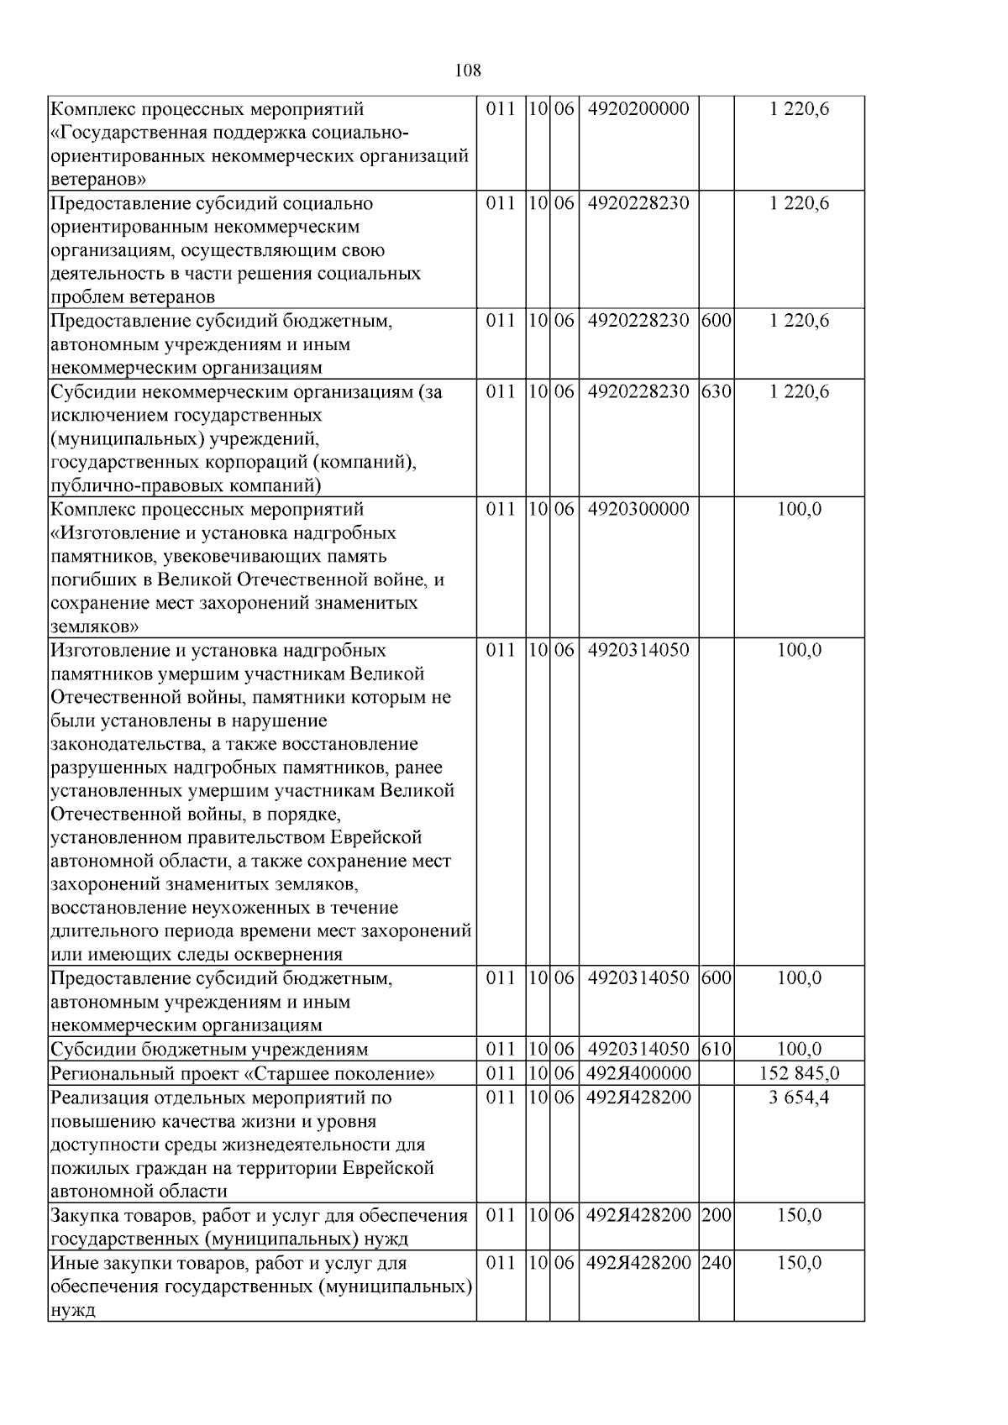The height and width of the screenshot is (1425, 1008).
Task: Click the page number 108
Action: pos(468,71)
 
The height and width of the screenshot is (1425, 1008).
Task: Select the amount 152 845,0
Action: pos(799,1073)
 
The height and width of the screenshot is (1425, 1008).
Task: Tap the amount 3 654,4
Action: pos(799,1098)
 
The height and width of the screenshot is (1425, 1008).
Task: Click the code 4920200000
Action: pos(638,109)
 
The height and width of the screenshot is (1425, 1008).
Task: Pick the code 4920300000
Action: pos(638,509)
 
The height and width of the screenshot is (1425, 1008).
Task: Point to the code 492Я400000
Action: pos(638,1073)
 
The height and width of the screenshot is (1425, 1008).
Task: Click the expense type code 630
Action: pos(716,391)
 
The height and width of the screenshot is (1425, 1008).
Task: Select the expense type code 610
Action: pos(716,1049)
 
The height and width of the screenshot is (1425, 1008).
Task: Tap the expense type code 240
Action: pos(716,1263)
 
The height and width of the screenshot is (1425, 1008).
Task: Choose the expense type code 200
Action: pos(716,1215)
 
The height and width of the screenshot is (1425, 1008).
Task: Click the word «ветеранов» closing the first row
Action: pos(99,180)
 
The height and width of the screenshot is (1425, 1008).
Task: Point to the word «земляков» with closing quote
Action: pos(95,626)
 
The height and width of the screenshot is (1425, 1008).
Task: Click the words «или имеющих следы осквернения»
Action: pos(197,954)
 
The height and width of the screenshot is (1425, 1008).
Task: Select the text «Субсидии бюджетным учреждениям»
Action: pos(209,1049)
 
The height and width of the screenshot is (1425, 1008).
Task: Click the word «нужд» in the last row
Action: pos(73,1310)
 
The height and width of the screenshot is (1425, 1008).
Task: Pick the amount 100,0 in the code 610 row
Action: pos(799,1049)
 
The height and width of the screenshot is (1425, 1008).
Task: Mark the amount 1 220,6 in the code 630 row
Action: pos(799,391)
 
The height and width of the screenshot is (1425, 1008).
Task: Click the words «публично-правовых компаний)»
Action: pos(186,485)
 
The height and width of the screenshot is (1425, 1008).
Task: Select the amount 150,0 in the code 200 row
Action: pos(799,1215)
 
